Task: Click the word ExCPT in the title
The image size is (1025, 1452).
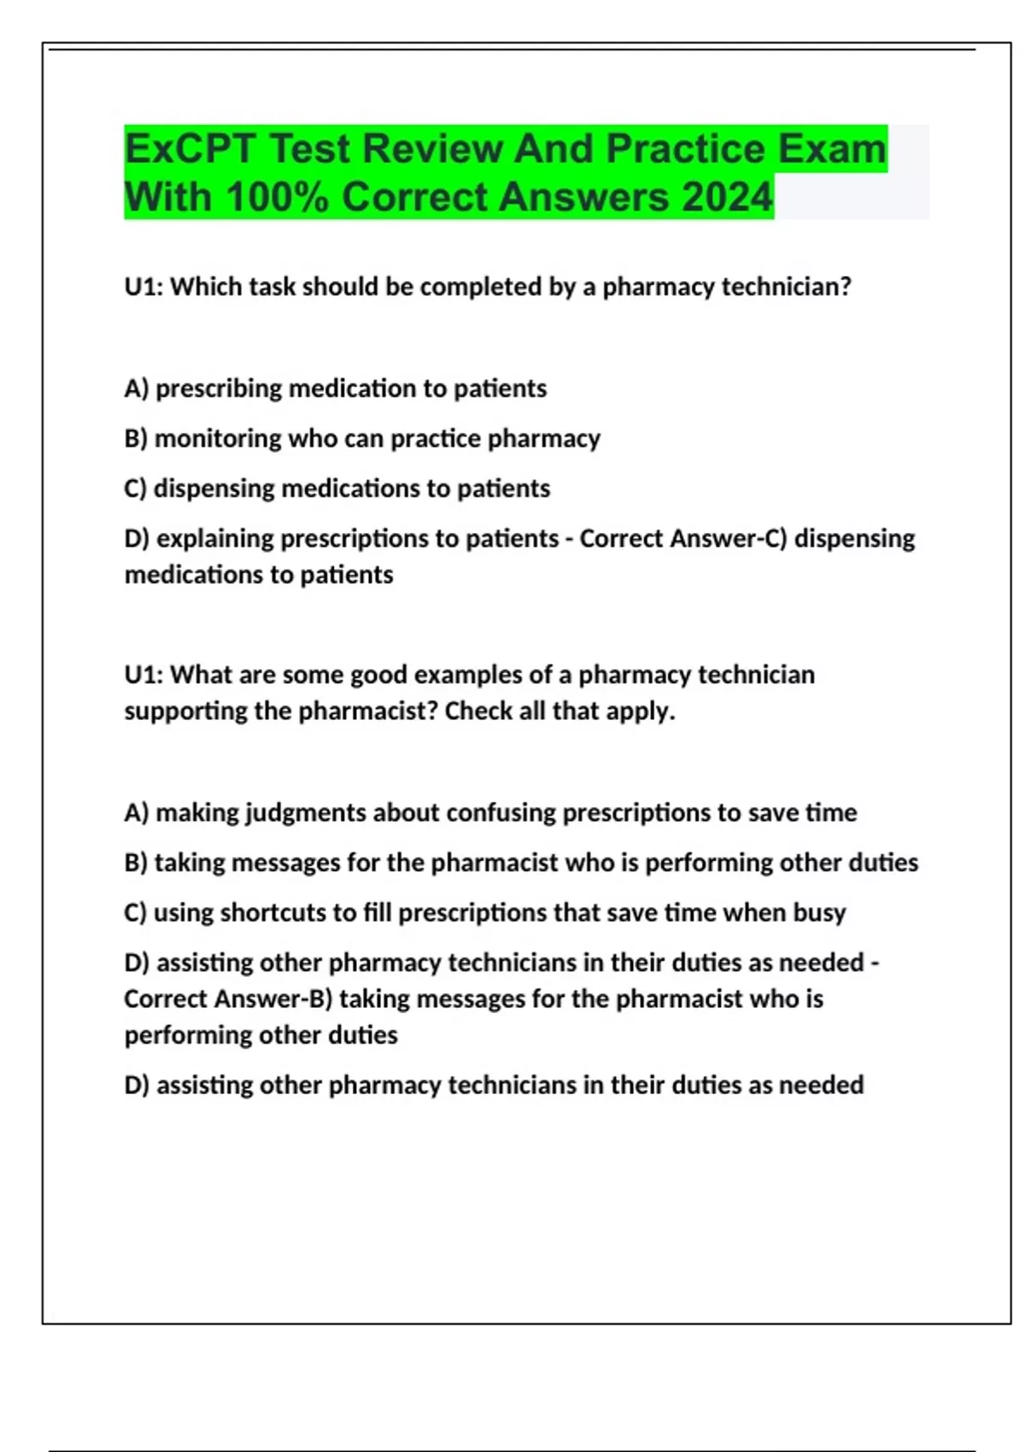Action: click(189, 149)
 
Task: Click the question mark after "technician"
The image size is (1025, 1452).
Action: click(845, 287)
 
